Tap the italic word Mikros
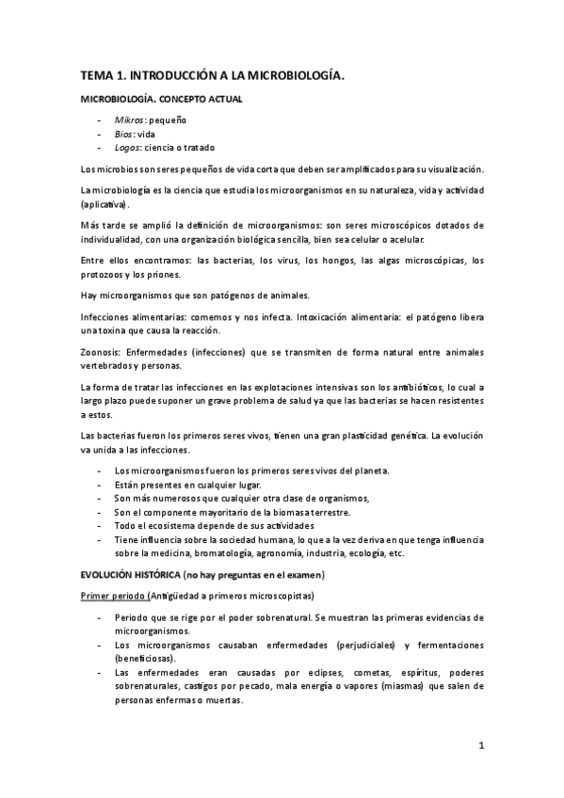click(x=129, y=121)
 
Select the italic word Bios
click(x=124, y=134)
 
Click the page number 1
click(x=480, y=747)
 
